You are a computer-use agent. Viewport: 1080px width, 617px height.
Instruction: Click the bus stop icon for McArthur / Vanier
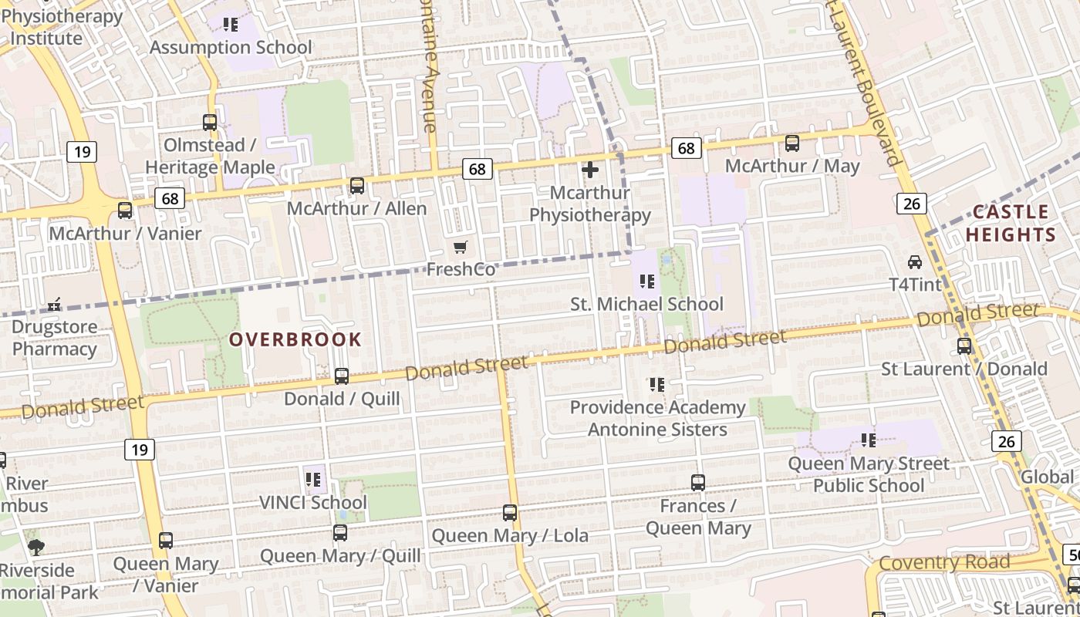125,211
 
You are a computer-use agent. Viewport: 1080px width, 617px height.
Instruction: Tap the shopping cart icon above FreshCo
461,247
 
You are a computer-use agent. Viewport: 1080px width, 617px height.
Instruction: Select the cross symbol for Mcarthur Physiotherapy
590,169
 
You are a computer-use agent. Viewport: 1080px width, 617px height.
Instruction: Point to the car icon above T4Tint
915,261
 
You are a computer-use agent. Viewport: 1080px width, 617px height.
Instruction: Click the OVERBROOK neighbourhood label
295,339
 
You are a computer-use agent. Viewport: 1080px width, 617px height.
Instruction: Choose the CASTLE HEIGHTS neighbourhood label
1011,223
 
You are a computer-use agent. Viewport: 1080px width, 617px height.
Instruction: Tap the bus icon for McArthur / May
792,143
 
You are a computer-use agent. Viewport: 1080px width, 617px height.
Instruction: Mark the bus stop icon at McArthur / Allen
357,185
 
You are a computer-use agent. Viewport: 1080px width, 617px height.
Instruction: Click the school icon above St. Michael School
647,281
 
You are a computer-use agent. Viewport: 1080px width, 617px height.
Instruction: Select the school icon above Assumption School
230,25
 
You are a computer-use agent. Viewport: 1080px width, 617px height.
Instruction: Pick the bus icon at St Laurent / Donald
964,346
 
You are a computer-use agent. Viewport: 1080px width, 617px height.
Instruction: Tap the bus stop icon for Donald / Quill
342,376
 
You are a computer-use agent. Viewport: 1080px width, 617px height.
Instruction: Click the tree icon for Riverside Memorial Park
36,548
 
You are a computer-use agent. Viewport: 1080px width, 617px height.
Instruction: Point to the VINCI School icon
313,480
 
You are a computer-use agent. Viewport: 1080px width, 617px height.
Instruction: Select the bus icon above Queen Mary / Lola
510,512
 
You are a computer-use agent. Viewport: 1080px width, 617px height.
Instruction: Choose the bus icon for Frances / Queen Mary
698,483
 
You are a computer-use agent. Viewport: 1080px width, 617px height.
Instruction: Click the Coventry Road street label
944,563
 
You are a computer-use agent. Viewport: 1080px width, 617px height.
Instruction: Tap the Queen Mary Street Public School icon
869,440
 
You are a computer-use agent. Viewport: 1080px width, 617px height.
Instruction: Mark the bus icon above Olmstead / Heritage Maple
210,122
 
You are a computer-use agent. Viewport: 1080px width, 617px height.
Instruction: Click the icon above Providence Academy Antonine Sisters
657,384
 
